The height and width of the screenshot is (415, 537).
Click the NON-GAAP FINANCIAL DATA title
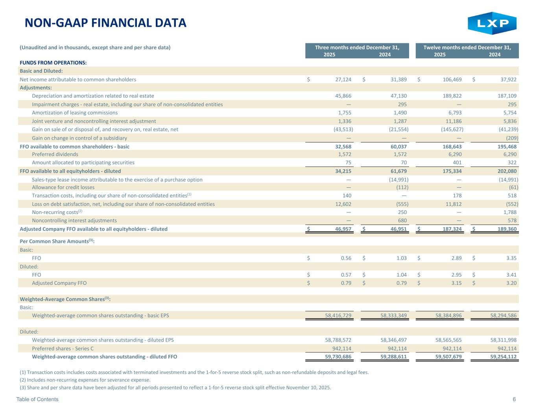click(x=105, y=23)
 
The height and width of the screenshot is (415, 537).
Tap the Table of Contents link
click(x=37, y=399)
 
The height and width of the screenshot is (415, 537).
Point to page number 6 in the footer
click(x=514, y=399)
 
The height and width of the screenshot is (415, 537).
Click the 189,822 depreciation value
click(x=452, y=96)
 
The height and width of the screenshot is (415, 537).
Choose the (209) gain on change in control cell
click(x=511, y=138)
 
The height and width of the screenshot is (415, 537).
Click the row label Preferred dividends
click(x=55, y=154)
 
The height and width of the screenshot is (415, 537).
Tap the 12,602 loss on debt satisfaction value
click(x=342, y=204)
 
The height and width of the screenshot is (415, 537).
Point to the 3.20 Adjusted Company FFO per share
click(x=511, y=283)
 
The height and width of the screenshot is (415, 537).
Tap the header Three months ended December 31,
click(x=357, y=48)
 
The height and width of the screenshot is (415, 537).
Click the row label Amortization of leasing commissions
click(x=75, y=113)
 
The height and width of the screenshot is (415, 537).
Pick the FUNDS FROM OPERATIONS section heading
click(x=53, y=63)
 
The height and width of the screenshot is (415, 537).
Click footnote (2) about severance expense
click(x=85, y=380)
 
